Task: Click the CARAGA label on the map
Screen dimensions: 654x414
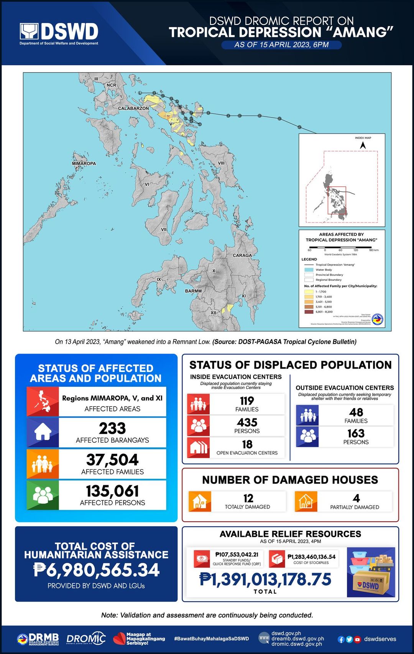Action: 242,255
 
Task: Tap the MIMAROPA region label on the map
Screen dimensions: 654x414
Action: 84,163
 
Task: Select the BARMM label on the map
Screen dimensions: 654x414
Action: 193,291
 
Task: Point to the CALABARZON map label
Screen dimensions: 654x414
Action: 133,109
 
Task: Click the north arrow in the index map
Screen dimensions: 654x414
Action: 363,145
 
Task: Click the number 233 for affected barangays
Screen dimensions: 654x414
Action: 112,428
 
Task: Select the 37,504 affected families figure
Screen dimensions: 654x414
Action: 112,460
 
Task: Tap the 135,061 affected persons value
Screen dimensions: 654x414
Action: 112,491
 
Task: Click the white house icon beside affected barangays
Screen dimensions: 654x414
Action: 43,432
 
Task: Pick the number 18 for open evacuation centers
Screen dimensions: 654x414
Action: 247,444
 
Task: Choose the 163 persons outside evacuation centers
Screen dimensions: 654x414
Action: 356,433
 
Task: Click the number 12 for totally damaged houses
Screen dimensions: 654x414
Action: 248,498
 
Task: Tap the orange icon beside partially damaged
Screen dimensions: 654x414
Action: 306,501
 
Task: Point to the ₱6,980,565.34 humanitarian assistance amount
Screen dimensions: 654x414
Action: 96,570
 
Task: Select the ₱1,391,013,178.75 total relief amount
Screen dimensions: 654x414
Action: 265,579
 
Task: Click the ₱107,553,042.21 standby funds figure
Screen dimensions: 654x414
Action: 237,555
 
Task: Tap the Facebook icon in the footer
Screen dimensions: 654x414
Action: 341,639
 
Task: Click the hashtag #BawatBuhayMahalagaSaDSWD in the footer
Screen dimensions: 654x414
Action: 212,639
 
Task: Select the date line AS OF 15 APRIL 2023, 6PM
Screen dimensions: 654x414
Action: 281,44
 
